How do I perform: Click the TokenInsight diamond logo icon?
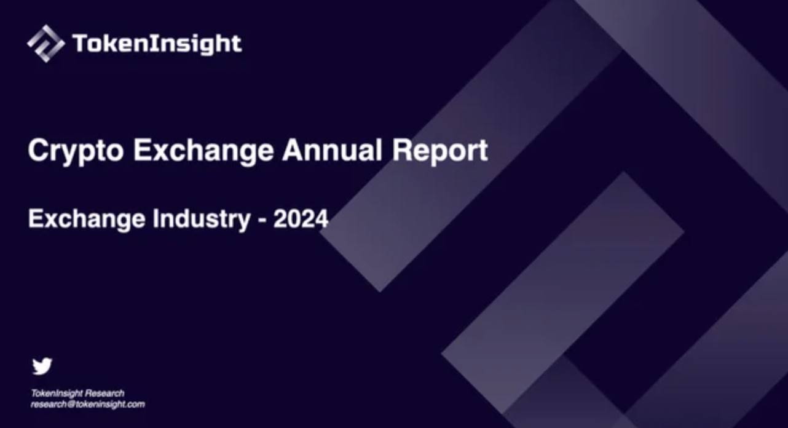pyautogui.click(x=45, y=44)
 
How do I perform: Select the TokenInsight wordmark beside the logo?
pyautogui.click(x=157, y=44)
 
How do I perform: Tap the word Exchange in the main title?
pyautogui.click(x=203, y=151)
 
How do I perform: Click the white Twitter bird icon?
pyautogui.click(x=42, y=366)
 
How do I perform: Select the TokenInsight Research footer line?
pyautogui.click(x=77, y=393)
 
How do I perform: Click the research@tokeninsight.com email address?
pyautogui.click(x=88, y=405)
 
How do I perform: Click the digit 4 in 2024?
pyautogui.click(x=321, y=220)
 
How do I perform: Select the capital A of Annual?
pyautogui.click(x=291, y=151)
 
